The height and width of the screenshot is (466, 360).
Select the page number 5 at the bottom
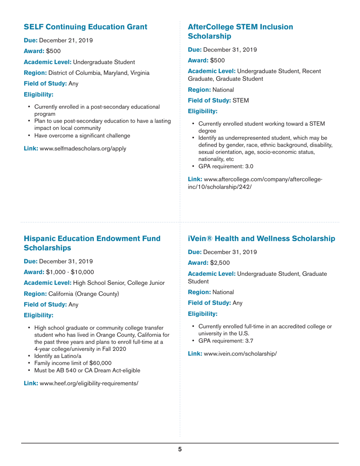(180, 449)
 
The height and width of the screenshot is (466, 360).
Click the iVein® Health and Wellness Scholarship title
(261, 239)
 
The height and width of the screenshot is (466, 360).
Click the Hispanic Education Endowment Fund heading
(92, 243)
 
